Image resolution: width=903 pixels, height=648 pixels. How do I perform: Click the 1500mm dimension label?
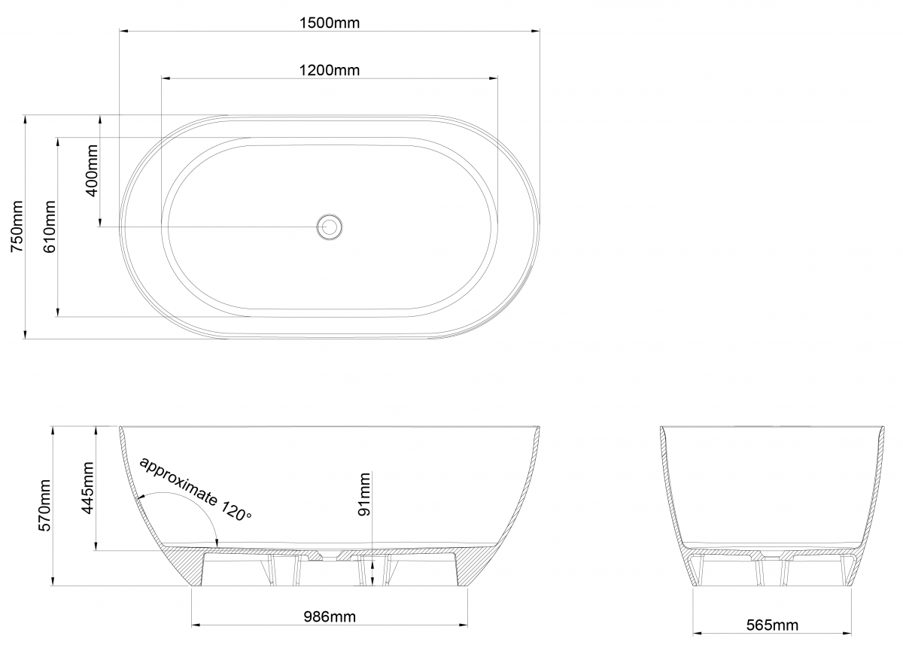[x=330, y=23]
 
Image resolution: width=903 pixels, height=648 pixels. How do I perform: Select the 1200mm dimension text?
[x=330, y=70]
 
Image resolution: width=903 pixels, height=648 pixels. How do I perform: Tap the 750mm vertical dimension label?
[x=17, y=227]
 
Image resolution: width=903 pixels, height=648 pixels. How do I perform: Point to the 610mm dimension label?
[x=49, y=227]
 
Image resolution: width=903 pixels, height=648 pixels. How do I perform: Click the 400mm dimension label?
[x=92, y=171]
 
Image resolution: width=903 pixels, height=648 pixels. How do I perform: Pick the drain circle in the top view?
[x=330, y=227]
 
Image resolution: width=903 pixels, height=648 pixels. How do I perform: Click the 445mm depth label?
[x=87, y=488]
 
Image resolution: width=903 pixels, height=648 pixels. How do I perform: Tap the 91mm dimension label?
[x=364, y=494]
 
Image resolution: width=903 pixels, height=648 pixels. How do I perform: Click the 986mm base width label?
[x=330, y=616]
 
